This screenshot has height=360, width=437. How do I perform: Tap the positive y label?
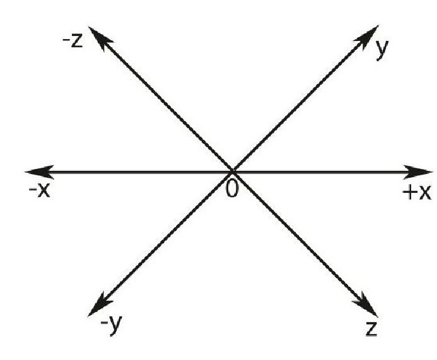[x=380, y=50]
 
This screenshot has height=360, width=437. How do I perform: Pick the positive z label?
[x=371, y=328]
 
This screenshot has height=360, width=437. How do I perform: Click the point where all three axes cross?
[x=233, y=171]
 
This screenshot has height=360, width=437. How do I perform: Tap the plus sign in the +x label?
[x=409, y=192]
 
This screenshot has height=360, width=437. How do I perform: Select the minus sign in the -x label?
[x=32, y=190]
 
